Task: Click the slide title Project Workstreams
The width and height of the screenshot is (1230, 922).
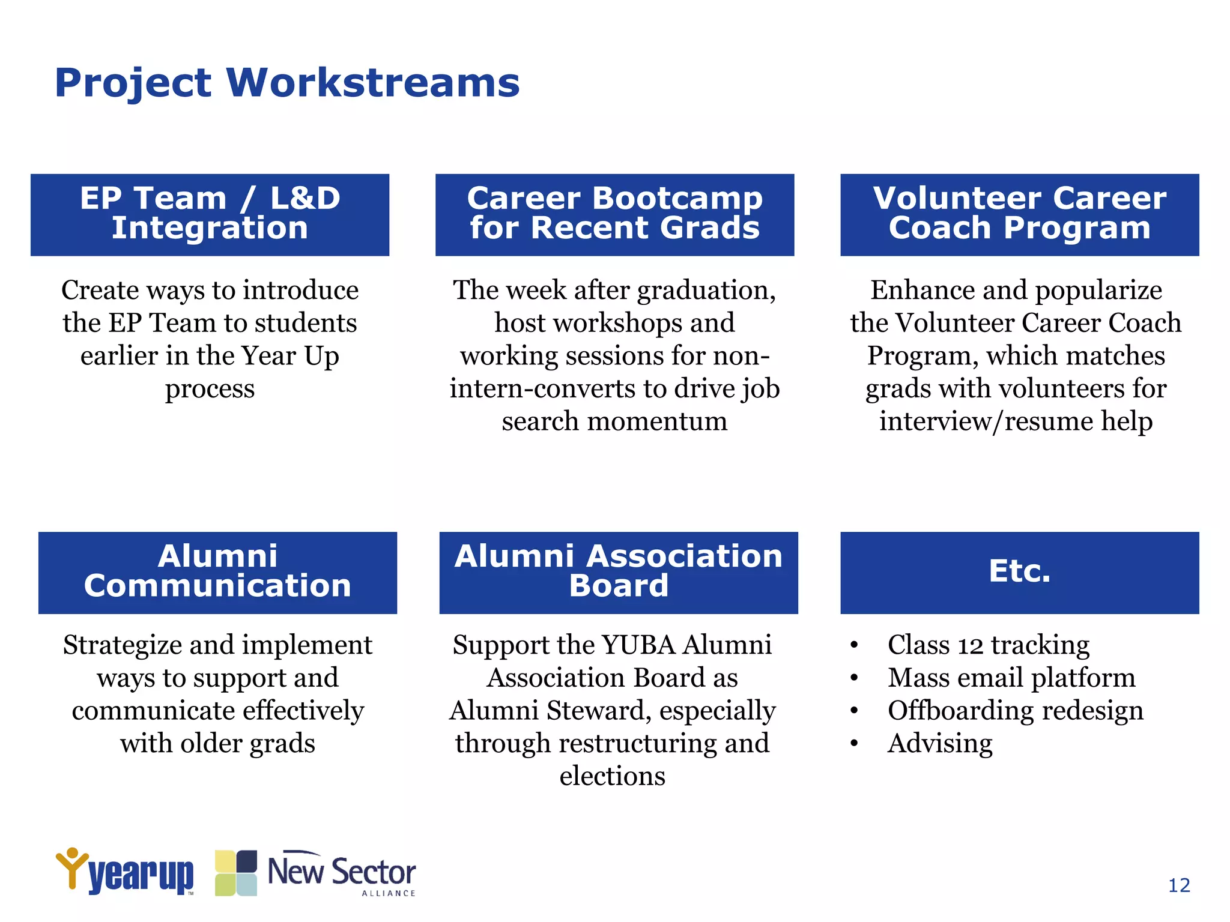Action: point(287,82)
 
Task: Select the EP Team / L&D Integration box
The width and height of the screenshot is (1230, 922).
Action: point(210,214)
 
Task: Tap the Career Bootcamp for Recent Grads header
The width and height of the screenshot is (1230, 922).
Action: point(614,214)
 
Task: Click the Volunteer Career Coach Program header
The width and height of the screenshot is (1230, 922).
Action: point(1019,214)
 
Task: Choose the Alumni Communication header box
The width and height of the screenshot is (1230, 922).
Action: point(217,572)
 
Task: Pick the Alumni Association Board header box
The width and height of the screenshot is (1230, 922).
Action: point(618,572)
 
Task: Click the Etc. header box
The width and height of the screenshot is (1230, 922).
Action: point(1019,572)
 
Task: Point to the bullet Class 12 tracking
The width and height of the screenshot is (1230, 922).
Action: point(988,645)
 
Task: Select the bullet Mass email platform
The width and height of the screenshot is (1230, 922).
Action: point(1011,678)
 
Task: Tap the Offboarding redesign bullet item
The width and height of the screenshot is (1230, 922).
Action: point(1015,711)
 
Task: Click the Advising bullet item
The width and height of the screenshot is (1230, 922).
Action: point(940,744)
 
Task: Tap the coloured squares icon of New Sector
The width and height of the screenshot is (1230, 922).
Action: point(236,873)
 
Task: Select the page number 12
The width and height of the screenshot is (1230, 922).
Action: point(1179,885)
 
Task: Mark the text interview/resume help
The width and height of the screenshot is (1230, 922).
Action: point(1016,421)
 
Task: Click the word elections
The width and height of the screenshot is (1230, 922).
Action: point(612,776)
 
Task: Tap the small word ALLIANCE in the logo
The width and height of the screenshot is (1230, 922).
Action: point(388,893)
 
